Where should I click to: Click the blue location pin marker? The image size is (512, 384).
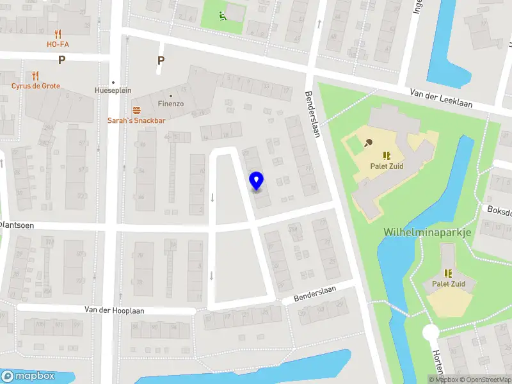tap(257, 181)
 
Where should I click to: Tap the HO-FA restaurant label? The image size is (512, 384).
tap(58, 44)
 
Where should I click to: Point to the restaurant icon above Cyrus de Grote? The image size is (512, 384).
tap(35, 75)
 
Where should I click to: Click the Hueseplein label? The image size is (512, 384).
tap(113, 91)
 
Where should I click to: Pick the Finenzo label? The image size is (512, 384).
tap(171, 102)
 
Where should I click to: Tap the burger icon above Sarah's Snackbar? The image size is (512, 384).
tap(136, 110)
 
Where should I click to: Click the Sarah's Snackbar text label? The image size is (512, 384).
tap(136, 120)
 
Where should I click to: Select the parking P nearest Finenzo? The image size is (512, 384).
tap(161, 61)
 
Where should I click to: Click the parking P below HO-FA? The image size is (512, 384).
tap(62, 60)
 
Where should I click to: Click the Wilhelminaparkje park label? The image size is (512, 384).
tap(427, 232)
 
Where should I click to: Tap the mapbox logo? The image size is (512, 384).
tap(29, 376)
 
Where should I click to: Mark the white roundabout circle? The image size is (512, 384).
tap(431, 333)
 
